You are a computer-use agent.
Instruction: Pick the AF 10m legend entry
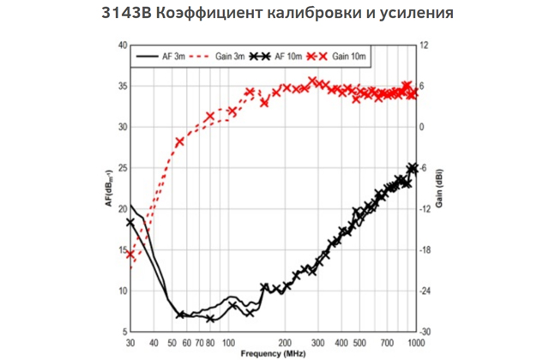click(287, 56)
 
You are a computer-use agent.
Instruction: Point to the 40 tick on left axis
click(122, 45)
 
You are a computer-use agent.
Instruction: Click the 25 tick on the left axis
click(122, 168)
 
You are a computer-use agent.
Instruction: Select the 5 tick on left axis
click(124, 332)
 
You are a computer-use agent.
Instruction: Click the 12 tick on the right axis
click(423, 45)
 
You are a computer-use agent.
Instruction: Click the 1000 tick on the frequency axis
click(413, 341)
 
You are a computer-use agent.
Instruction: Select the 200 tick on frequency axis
click(286, 341)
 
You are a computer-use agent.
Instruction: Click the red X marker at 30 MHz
click(130, 254)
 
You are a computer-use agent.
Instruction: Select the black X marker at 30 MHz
click(130, 222)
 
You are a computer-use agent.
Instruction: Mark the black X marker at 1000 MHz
click(413, 168)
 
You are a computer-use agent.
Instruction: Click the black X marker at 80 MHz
click(210, 319)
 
